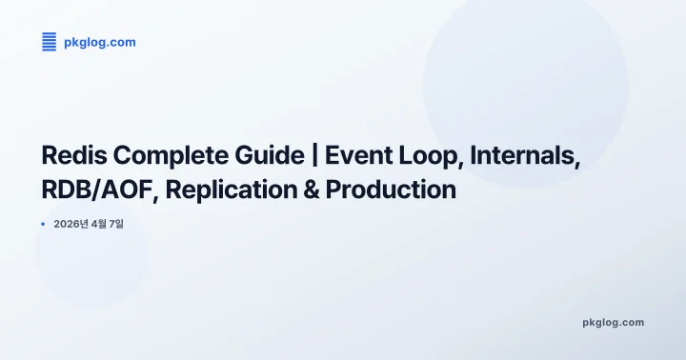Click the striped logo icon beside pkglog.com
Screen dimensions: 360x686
(x=49, y=42)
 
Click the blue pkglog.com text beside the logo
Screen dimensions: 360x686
(x=100, y=42)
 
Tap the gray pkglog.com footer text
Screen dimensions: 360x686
(x=613, y=322)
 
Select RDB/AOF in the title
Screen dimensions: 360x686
(x=100, y=190)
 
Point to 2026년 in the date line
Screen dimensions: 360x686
(x=73, y=224)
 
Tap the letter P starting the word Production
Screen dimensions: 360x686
(x=333, y=190)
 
